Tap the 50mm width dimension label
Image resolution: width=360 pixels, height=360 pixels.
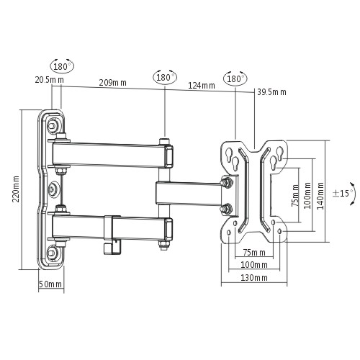tap(50, 284)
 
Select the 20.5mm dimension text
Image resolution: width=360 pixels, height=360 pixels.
tap(50, 80)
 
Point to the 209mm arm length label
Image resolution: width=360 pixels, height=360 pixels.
tap(113, 83)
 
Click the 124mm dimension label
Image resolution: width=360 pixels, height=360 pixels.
tap(202, 86)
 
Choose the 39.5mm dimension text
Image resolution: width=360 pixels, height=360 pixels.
tap(271, 92)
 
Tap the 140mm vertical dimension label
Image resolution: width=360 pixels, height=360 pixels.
tap(320, 196)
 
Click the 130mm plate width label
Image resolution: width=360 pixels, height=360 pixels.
tap(254, 278)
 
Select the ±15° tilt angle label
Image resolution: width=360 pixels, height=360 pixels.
tap(343, 193)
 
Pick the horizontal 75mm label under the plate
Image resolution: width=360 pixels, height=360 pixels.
tap(254, 252)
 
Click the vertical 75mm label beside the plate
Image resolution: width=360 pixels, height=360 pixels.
tap(295, 195)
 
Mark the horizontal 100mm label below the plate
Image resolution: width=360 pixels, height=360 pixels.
tap(254, 265)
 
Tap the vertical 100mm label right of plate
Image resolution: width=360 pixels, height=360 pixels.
tap(307, 195)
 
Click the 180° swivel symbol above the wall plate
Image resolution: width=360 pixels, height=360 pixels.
tap(62, 66)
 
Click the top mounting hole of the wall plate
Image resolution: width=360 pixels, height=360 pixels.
tap(52, 125)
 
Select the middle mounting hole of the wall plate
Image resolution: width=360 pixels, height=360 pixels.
tap(52, 189)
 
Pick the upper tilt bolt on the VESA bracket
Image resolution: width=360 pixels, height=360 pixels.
tap(227, 182)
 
